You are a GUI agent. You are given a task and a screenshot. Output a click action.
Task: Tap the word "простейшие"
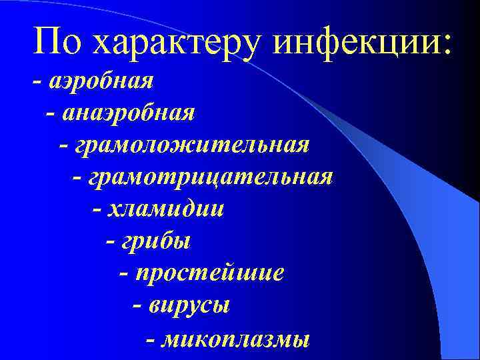(x=210, y=273)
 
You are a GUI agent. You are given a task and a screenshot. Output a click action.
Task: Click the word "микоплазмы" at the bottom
(x=236, y=338)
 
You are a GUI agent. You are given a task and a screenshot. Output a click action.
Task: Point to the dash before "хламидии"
(x=97, y=209)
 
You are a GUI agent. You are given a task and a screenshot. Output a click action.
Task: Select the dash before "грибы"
(x=111, y=241)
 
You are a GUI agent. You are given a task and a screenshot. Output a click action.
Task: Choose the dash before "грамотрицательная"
(x=77, y=177)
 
